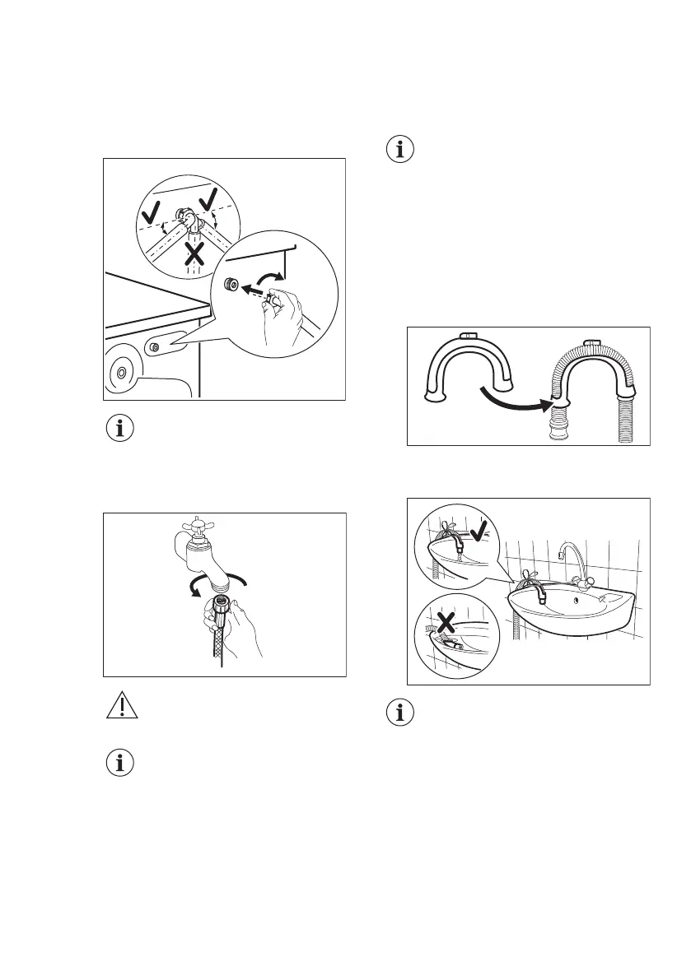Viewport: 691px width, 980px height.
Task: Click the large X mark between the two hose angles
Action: [194, 253]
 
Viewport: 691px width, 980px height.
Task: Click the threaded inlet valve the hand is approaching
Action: [230, 285]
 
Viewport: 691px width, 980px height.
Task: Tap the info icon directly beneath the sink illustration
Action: [401, 713]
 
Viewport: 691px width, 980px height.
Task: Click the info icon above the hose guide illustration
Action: [401, 151]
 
